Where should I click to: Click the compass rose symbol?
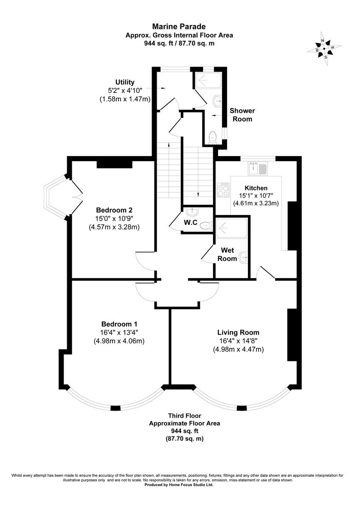(x=324, y=48)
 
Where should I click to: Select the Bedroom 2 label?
(x=114, y=210)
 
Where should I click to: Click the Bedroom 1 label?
(x=119, y=324)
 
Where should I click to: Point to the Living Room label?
(x=238, y=333)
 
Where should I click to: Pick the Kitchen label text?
(x=256, y=188)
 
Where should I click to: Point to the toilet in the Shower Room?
(x=213, y=137)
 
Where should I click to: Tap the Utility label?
(x=125, y=82)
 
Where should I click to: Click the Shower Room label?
(x=242, y=115)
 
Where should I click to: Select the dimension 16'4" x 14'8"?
(x=238, y=341)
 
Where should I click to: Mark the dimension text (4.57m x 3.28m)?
(x=114, y=227)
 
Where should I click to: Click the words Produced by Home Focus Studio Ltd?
(x=179, y=484)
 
